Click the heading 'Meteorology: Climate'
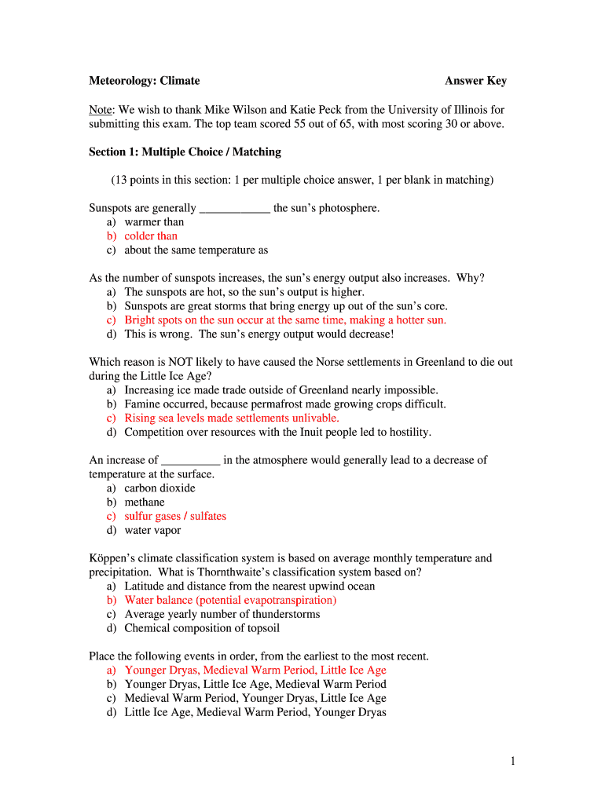click(x=144, y=81)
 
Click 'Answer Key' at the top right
click(x=475, y=81)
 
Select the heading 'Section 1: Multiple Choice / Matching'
click(x=185, y=152)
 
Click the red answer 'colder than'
click(x=151, y=236)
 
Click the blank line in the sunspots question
click(x=235, y=209)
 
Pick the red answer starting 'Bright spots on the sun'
click(x=285, y=320)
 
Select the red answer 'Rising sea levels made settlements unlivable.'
click(x=232, y=418)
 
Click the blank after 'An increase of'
click(x=190, y=461)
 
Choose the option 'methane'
click(x=145, y=502)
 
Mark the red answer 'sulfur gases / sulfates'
click(x=175, y=516)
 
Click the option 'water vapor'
click(x=152, y=530)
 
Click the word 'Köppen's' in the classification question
click(x=114, y=558)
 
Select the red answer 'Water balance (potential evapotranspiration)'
click(x=230, y=600)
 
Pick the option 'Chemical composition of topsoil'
click(x=202, y=628)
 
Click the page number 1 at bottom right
click(x=511, y=760)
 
